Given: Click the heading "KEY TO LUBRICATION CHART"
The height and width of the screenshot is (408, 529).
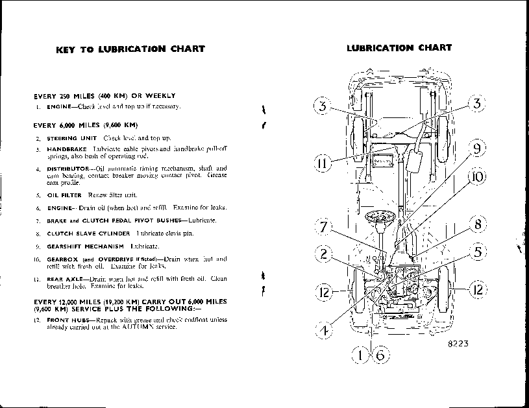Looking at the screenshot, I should click(x=130, y=49).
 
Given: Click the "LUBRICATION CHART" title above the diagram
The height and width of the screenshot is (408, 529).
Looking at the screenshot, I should click(x=399, y=47).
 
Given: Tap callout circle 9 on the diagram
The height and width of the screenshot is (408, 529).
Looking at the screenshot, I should click(x=476, y=149).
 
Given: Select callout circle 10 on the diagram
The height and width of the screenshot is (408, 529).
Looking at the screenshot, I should click(x=476, y=176).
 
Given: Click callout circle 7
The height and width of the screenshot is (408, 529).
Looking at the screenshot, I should click(x=323, y=227).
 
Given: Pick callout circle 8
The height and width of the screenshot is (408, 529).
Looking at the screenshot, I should click(x=476, y=225).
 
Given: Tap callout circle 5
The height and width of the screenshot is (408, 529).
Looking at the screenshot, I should click(x=476, y=252).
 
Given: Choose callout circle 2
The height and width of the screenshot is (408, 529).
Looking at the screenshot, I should click(x=323, y=254).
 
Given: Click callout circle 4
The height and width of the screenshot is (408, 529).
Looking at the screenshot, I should click(x=323, y=330).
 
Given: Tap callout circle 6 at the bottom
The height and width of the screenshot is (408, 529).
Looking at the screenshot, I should click(x=380, y=354).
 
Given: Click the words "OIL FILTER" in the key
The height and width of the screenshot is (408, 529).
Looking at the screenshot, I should click(x=64, y=195).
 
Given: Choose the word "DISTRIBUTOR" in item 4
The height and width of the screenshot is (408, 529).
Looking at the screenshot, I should click(x=68, y=169).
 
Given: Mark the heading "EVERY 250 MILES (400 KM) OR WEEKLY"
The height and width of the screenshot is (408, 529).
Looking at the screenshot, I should click(x=104, y=95).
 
